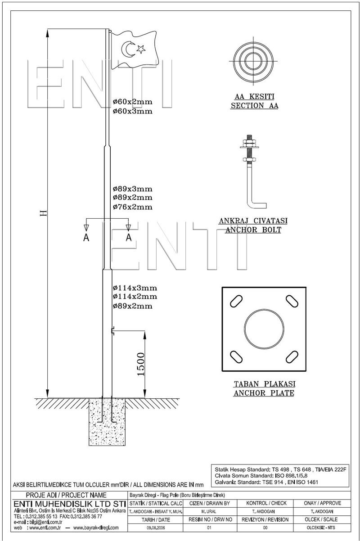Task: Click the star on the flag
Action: tap(141, 49)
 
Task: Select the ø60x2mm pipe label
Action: tap(133, 102)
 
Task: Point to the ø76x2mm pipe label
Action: tap(133, 207)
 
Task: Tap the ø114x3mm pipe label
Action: tap(135, 288)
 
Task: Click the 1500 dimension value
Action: tap(140, 364)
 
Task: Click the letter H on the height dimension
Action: tap(44, 213)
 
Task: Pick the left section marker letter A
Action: tap(86, 238)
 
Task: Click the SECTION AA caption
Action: tap(255, 106)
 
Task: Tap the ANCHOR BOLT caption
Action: tap(253, 230)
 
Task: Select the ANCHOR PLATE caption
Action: tap(264, 393)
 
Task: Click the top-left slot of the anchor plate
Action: tap(236, 302)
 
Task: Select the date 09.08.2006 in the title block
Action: tap(156, 527)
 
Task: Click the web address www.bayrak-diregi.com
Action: tap(96, 527)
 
